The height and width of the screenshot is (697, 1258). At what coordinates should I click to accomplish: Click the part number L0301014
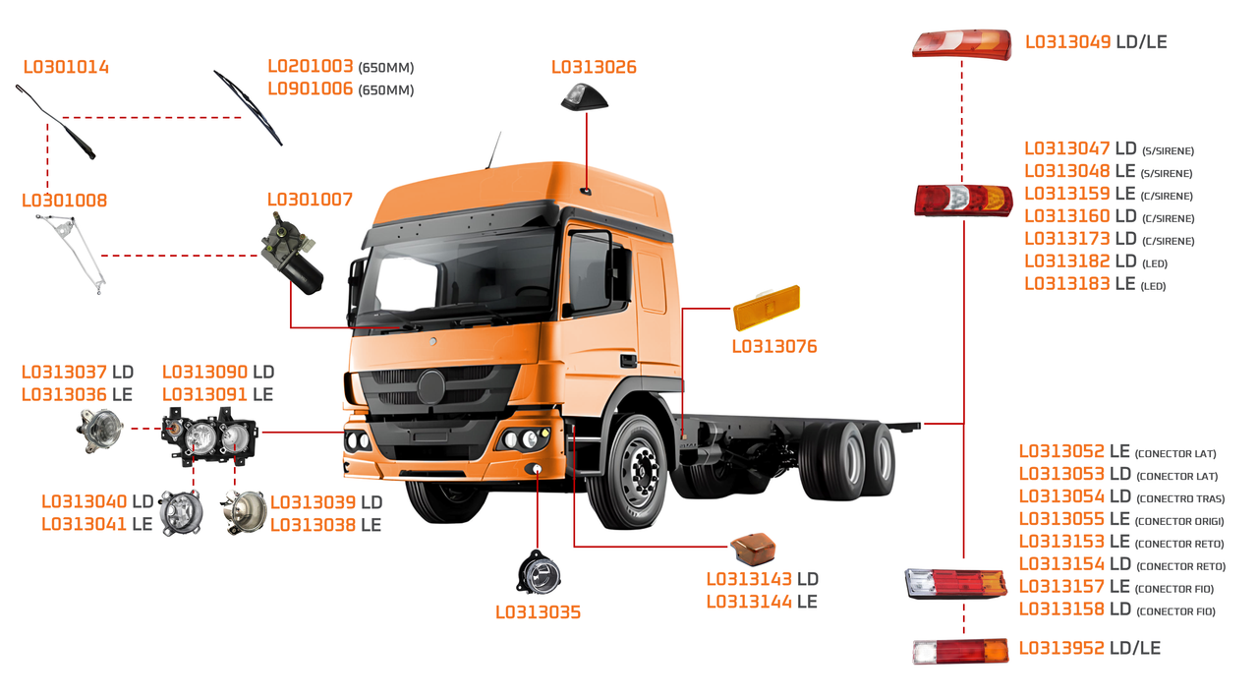coord(66,68)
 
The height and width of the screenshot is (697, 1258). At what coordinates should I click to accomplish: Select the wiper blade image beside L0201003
coord(248,107)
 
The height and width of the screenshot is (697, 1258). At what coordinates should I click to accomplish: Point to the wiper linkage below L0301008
coord(74,250)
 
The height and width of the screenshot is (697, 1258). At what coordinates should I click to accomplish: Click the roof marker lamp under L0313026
coord(584,96)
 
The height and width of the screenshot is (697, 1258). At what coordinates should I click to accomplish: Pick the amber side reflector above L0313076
coord(767,309)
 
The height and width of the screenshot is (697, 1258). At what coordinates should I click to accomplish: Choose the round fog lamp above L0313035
coord(538,573)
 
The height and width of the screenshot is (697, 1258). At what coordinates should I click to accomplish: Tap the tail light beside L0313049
coord(960,44)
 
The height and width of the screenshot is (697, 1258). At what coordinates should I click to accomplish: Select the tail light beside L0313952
coord(960,651)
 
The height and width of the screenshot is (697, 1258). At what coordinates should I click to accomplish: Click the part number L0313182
coord(1066,261)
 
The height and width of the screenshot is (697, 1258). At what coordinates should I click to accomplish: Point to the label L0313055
coord(1061,519)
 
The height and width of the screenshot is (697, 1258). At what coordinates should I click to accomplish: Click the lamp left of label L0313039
coord(244,512)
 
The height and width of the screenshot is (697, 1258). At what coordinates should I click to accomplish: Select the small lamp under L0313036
coord(100,430)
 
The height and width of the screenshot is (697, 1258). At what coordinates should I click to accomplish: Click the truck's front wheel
coord(637,473)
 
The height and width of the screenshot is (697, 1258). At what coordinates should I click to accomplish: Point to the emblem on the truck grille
coord(432,387)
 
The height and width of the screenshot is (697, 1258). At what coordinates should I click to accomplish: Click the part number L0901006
coord(311,89)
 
